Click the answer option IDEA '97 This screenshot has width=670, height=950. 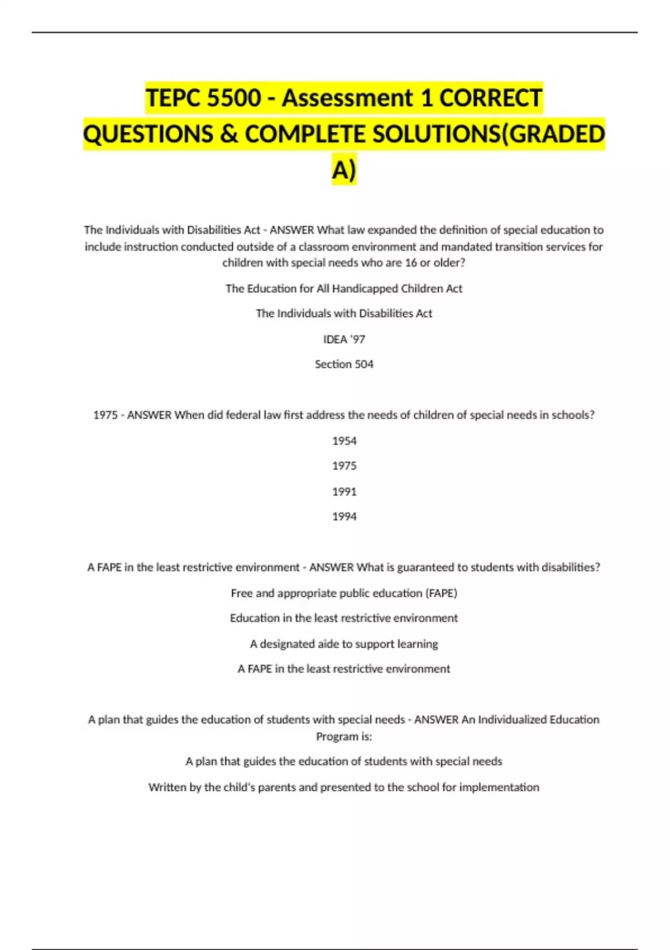[344, 339]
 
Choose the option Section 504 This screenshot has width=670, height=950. [344, 364]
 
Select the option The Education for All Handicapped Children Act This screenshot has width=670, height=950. [344, 288]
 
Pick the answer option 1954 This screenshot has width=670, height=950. [344, 441]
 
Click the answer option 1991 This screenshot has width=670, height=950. [344, 492]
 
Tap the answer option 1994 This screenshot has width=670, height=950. [344, 517]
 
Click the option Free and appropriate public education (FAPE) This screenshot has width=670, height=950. [344, 593]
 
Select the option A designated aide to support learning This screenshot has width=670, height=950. [344, 644]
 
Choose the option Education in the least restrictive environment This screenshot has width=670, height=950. [344, 618]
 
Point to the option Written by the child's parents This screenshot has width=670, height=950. [344, 787]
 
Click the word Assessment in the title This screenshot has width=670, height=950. [347, 98]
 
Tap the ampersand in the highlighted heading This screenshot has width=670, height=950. [228, 135]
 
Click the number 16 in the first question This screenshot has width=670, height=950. [411, 263]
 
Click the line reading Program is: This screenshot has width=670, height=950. [344, 737]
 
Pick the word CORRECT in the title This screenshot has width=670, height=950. [490, 98]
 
